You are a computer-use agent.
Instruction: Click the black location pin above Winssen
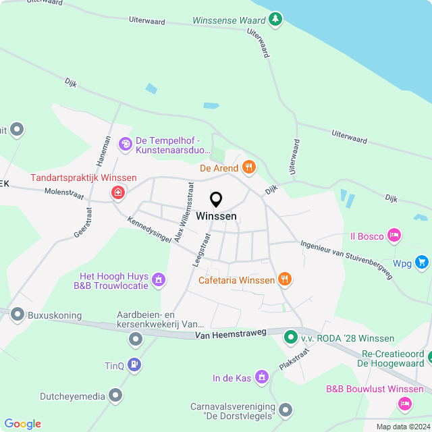point(216,200)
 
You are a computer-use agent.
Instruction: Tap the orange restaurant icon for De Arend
point(249,167)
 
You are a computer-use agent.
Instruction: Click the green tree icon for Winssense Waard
point(275,19)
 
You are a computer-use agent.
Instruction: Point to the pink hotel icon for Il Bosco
point(394,236)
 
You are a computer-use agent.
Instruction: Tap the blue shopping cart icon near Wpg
point(422,262)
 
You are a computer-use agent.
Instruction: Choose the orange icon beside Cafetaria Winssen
point(285,279)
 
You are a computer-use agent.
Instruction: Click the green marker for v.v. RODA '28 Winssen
point(290,335)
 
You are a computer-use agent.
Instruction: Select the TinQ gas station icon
point(134,365)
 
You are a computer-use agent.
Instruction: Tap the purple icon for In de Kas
point(261,378)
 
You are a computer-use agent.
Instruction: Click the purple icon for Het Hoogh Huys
point(158,279)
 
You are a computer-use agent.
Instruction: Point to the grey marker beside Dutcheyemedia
point(116,395)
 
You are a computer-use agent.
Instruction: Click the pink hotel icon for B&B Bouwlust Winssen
point(404,404)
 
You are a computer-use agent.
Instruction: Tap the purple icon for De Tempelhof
point(125,143)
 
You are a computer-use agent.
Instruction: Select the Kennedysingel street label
point(149,233)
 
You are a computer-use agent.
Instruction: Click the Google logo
point(22,423)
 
